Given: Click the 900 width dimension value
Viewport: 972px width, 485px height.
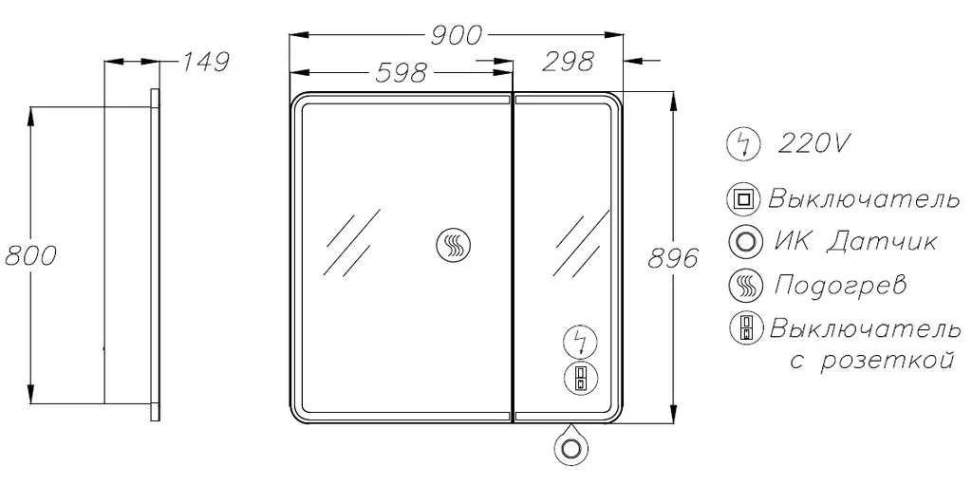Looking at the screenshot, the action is [x=456, y=37].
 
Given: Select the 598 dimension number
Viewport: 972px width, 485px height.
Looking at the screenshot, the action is [x=402, y=72].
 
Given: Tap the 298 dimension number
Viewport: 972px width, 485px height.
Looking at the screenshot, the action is [x=569, y=61].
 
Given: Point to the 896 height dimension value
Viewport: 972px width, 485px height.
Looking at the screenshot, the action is [x=673, y=258].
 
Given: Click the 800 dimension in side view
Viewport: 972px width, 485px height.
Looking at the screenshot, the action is [x=29, y=255].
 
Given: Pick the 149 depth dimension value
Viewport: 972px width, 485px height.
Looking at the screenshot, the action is [x=205, y=62].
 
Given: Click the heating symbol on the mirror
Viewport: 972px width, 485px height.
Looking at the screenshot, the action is [x=455, y=243].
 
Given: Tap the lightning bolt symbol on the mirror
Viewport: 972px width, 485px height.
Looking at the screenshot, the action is [x=580, y=342].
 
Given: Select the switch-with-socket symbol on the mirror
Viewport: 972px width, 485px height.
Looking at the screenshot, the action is [x=580, y=377].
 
